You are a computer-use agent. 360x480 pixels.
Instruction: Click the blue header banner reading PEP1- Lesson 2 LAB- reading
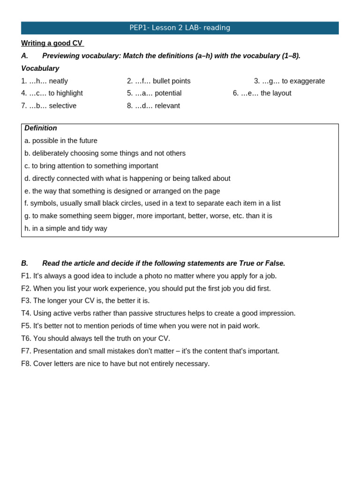point(180,28)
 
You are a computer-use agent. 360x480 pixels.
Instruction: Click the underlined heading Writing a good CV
point(52,43)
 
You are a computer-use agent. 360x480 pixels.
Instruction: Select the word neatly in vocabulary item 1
point(58,81)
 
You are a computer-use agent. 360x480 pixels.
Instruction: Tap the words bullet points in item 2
point(172,81)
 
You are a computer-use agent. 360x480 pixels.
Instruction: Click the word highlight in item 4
point(69,93)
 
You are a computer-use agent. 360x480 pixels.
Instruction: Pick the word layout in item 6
point(280,93)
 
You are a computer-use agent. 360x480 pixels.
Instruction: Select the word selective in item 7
point(62,106)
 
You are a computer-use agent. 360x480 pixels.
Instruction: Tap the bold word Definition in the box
point(41,128)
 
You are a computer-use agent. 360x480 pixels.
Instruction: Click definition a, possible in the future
point(61,141)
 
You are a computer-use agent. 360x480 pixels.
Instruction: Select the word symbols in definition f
point(44,203)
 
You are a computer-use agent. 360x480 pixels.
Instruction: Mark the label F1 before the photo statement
point(26,276)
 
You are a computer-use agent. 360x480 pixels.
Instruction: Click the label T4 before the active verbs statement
point(26,314)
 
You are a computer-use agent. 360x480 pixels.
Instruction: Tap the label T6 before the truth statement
point(26,338)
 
